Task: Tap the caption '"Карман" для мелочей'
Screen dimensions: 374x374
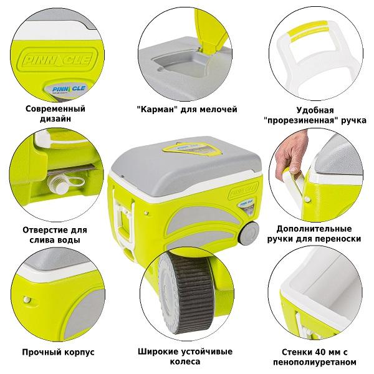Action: [x=186, y=109]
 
